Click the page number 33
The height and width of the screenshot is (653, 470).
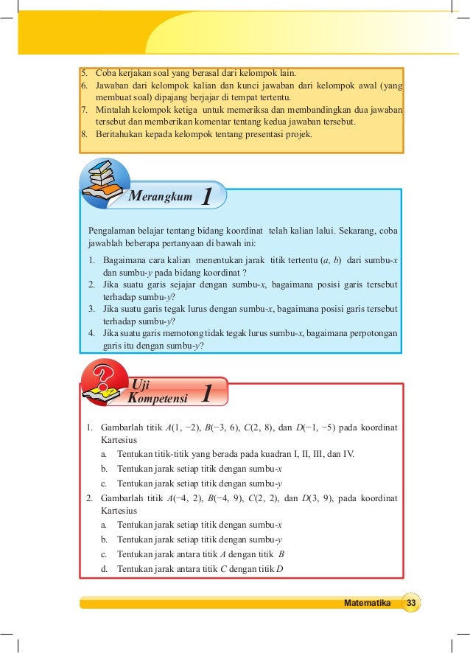(x=411, y=603)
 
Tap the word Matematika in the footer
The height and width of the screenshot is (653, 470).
(x=367, y=603)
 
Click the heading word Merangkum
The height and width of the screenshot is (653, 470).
(x=160, y=197)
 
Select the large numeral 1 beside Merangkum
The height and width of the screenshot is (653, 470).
(x=208, y=197)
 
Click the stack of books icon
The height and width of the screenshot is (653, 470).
(x=103, y=181)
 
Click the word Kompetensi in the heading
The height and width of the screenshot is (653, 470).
(x=157, y=398)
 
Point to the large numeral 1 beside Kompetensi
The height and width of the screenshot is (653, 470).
(x=208, y=393)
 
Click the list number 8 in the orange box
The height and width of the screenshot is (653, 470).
(x=84, y=133)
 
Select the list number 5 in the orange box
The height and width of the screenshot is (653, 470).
(x=84, y=72)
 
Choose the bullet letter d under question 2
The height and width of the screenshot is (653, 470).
(x=105, y=568)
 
